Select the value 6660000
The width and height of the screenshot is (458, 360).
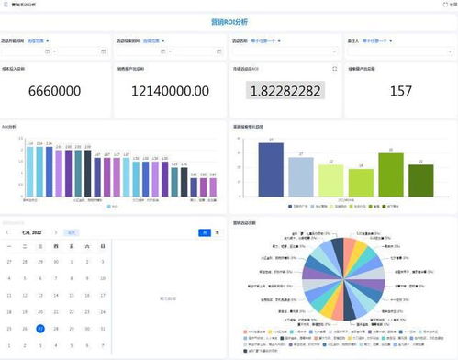54,91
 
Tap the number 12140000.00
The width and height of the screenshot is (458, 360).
170,91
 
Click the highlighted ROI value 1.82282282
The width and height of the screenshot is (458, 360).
285,91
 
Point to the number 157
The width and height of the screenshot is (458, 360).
400,91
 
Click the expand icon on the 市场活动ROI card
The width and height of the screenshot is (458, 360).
334,69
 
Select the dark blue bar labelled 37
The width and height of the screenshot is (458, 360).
271,172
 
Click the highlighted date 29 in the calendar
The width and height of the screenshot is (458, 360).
39,328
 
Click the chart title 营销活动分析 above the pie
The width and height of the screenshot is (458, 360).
244,222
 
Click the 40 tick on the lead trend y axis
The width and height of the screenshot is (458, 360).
238,139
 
